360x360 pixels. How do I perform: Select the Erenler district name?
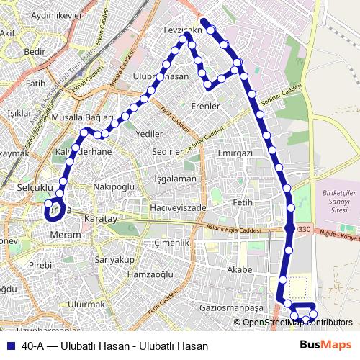point(205,107)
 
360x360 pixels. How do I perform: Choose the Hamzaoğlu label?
point(150,275)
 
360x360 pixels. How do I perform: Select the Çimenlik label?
point(174,243)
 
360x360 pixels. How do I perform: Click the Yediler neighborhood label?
point(149,134)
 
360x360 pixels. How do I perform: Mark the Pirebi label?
point(40,265)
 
